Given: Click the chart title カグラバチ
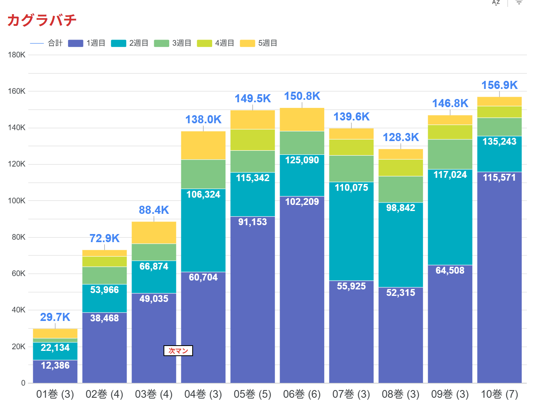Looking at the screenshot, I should tap(42, 20).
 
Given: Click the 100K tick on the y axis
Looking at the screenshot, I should tap(17, 201).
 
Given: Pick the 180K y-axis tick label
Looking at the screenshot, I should tap(17, 55).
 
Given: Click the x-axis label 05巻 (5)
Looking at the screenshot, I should tap(253, 394).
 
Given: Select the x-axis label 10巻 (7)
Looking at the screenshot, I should tap(499, 394).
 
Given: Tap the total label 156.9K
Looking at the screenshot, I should tap(499, 85).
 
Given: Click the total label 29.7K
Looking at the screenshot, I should tap(55, 317).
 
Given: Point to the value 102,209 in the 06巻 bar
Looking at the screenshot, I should tap(302, 202).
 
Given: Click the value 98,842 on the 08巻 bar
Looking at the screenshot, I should tap(401, 208).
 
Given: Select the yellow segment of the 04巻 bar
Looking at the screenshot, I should tap(203, 145).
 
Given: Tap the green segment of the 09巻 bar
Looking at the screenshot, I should tap(450, 154).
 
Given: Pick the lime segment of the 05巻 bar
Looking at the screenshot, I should tap(253, 140).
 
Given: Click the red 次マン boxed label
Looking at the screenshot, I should tap(178, 351).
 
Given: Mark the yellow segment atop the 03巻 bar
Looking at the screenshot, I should tap(154, 232).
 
